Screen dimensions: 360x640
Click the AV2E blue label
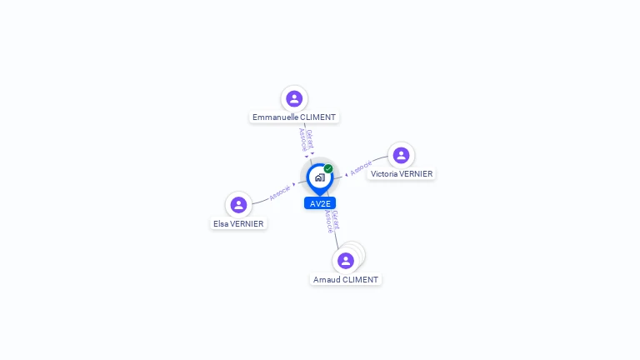(x=320, y=203)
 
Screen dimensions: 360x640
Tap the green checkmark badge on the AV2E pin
(x=328, y=169)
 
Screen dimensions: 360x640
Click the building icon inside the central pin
(x=319, y=177)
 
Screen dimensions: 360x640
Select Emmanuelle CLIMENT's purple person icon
(x=294, y=98)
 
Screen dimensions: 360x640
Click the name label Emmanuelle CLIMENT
(x=294, y=117)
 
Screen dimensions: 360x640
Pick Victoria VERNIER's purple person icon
(x=401, y=155)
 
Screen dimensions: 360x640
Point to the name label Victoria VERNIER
(x=402, y=174)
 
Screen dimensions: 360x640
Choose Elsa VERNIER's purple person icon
(x=238, y=204)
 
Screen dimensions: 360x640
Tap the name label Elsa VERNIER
(x=238, y=223)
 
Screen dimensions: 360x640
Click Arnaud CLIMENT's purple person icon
(x=346, y=260)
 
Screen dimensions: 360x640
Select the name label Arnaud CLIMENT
(x=346, y=280)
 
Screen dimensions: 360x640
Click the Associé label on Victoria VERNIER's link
(x=361, y=167)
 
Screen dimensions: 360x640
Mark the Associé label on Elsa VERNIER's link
(x=280, y=192)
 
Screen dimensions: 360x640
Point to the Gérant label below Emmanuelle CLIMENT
(x=310, y=138)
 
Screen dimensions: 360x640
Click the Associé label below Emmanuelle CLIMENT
(x=303, y=140)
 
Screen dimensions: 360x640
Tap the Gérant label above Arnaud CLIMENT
(x=335, y=220)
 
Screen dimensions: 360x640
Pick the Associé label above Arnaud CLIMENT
(x=328, y=222)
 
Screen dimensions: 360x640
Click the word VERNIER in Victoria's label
(x=416, y=174)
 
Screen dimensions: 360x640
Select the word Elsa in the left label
(x=221, y=223)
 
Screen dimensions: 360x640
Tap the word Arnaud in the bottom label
(x=327, y=280)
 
